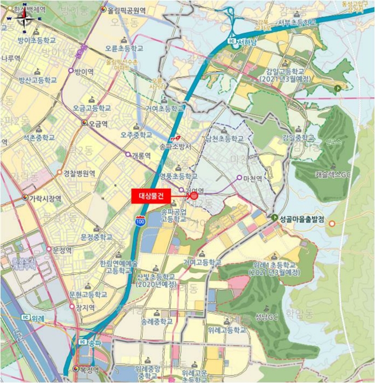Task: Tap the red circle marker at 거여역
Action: tap(194, 195)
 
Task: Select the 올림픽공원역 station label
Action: tap(127, 10)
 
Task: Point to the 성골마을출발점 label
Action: tap(302, 219)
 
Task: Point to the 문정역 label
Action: tap(63, 249)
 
